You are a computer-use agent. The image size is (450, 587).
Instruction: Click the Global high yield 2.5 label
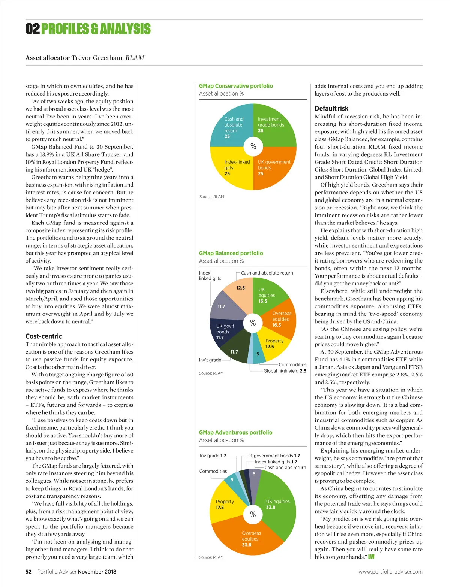tap(285, 371)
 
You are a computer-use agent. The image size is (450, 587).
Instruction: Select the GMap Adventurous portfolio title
tap(235, 432)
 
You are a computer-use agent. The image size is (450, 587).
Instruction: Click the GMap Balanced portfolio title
tap(231, 253)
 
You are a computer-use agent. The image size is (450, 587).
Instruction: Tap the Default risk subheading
tap(331, 108)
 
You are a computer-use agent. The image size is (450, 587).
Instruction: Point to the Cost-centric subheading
tap(44, 336)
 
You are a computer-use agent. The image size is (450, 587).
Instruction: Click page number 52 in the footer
tap(28, 572)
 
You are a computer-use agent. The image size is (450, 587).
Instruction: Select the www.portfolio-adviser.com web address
tap(390, 572)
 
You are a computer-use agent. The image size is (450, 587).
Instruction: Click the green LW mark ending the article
tap(371, 557)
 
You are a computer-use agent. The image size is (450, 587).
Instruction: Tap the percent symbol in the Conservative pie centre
tap(253, 146)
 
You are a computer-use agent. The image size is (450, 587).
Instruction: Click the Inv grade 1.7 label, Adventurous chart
tap(213, 456)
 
